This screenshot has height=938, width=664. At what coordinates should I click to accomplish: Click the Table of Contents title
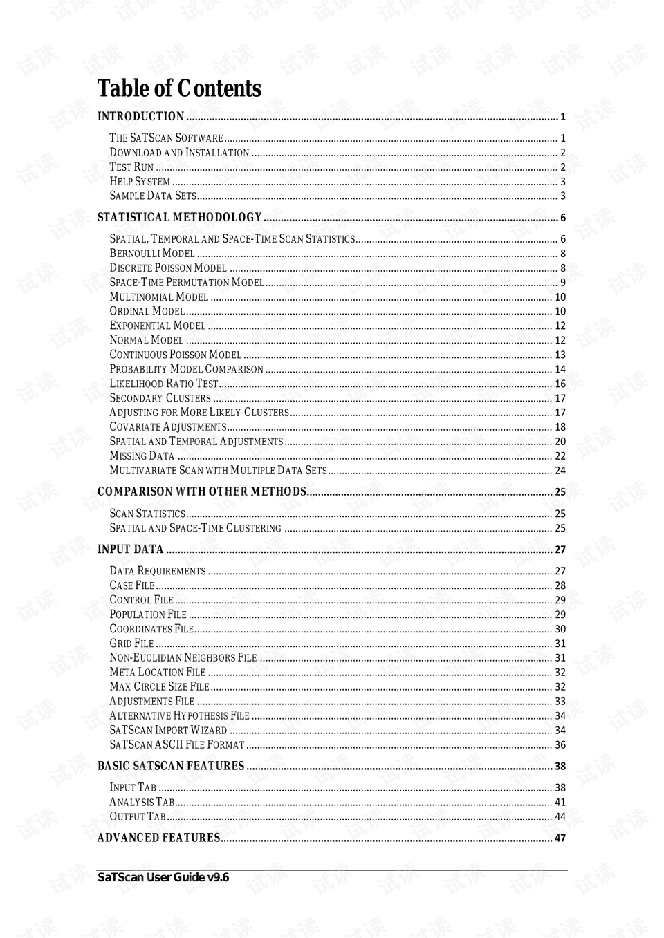tap(179, 89)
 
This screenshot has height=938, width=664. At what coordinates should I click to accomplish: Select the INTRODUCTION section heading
tap(140, 117)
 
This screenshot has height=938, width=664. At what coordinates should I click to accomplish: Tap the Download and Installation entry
tap(179, 153)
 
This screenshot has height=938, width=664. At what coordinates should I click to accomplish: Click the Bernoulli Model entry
tap(152, 254)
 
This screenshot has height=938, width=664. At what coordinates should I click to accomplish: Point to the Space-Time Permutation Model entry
tap(187, 283)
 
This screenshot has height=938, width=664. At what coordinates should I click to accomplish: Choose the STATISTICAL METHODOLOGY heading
tap(179, 218)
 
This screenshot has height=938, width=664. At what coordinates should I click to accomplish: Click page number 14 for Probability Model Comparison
tap(560, 370)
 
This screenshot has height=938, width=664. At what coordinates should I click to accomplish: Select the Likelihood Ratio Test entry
tap(164, 384)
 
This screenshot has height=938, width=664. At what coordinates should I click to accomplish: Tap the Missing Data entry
tap(142, 456)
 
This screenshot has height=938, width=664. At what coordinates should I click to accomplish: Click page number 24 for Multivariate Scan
tap(560, 471)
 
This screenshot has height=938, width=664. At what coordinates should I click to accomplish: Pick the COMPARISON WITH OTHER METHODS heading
tap(201, 492)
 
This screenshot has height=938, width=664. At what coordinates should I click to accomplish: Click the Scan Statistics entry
tap(147, 514)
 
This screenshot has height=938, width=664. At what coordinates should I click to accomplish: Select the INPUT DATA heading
tap(130, 550)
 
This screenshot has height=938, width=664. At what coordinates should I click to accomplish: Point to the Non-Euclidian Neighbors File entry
tap(183, 658)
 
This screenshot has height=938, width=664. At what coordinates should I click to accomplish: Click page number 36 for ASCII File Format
tap(560, 745)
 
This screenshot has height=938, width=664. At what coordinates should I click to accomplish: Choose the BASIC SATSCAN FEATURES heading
tap(171, 767)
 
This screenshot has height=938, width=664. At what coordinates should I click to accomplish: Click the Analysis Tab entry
tap(142, 803)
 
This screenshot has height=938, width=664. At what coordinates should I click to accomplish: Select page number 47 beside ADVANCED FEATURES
tap(560, 838)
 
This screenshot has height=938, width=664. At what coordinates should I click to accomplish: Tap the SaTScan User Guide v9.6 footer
tap(163, 878)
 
